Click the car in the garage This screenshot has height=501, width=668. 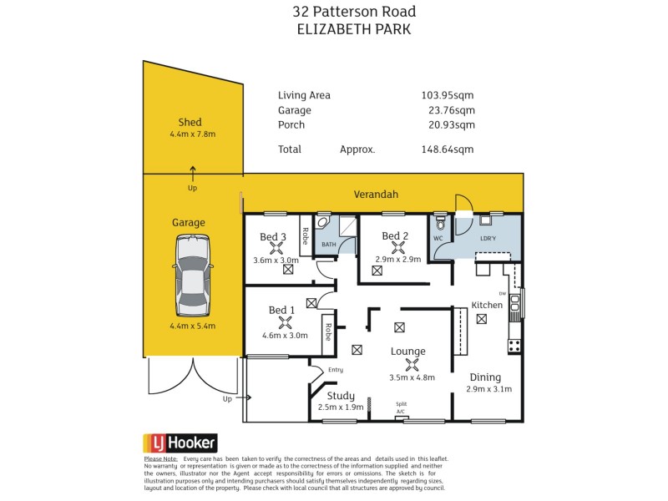[193, 275]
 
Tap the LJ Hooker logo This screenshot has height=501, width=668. [181, 443]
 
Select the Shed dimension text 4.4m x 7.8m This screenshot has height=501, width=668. [193, 134]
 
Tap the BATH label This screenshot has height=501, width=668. [329, 245]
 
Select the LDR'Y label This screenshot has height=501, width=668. [488, 238]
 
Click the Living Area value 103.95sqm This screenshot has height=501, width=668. [448, 95]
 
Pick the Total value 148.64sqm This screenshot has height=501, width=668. [448, 149]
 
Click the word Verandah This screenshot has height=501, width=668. [375, 194]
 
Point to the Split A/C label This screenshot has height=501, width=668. [402, 407]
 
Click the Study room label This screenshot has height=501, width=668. [341, 396]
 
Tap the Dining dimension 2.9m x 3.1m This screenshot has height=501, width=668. [488, 389]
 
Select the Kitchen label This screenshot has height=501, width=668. [487, 305]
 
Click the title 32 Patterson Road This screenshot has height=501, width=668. [354, 12]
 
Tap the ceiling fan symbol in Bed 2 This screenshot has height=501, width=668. [387, 248]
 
